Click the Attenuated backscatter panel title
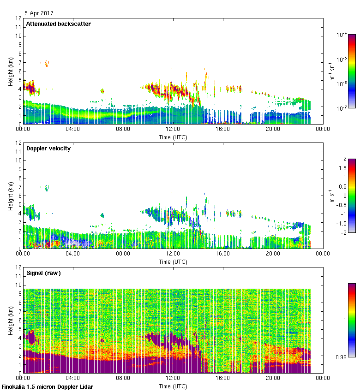click(x=59, y=24)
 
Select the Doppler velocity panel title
click(x=48, y=148)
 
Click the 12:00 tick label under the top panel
click(x=173, y=130)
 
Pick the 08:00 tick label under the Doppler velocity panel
click(x=123, y=254)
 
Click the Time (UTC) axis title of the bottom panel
click(x=173, y=386)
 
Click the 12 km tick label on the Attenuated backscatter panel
click(x=19, y=18)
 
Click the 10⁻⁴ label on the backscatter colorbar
click(x=342, y=35)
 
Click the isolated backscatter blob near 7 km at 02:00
click(x=46, y=63)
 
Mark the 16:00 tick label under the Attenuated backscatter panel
click(x=222, y=130)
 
